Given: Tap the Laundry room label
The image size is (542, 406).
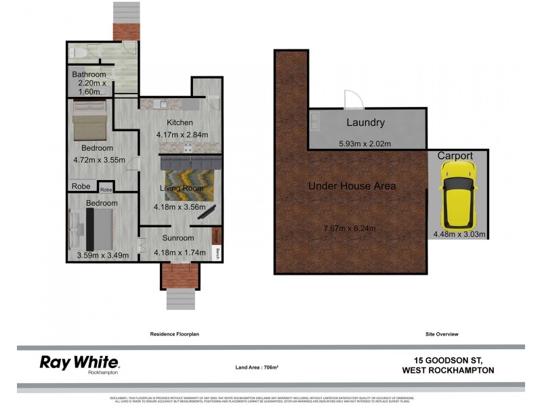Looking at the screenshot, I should pyautogui.click(x=366, y=122).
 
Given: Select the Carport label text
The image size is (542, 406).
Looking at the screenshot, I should pyautogui.click(x=455, y=156).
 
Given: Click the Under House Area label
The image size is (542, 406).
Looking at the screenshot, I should pyautogui.click(x=352, y=185).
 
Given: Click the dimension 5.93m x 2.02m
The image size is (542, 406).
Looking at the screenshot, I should pyautogui.click(x=364, y=143).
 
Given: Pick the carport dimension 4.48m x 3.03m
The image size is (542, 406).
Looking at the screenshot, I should pyautogui.click(x=459, y=235).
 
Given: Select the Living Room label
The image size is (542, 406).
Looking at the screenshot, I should pyautogui.click(x=182, y=187).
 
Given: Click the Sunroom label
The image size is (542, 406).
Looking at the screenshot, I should pyautogui.click(x=178, y=238).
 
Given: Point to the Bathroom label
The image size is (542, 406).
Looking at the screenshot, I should pyautogui.click(x=90, y=74).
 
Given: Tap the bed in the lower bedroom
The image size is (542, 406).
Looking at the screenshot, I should pyautogui.click(x=93, y=228).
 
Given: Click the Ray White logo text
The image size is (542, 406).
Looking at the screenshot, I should pyautogui.click(x=79, y=362).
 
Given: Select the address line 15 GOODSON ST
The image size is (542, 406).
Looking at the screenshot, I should pyautogui.click(x=448, y=360).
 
